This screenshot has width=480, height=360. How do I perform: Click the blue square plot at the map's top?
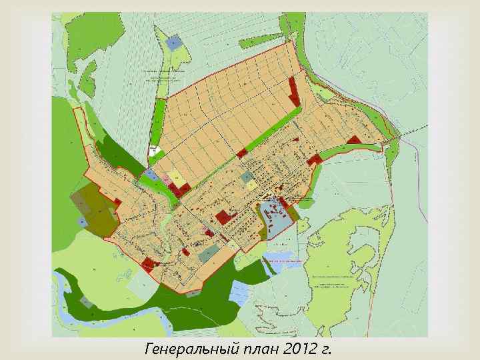pos(174,43)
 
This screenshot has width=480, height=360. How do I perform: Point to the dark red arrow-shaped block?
pos(293,89)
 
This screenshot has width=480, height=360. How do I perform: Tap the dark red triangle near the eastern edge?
pos(353,140)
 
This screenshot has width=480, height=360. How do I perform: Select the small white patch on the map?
pos(155,151)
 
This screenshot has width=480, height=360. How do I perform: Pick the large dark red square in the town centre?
pos(222,217)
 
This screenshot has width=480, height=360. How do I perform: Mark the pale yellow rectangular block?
pos(177,176)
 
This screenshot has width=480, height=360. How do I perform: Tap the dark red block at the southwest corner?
pos(148,263)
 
